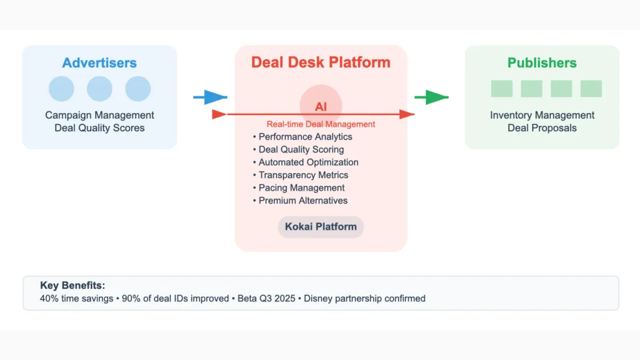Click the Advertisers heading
click(x=99, y=63)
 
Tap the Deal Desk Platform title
click(x=321, y=62)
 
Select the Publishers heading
click(x=542, y=63)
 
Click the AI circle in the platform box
click(x=321, y=106)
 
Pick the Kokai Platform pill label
click(x=321, y=227)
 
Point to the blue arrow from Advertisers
click(x=210, y=97)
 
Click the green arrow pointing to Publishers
click(x=431, y=97)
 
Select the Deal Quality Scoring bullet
click(x=301, y=149)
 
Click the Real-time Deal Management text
click(x=321, y=124)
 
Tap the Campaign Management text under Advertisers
click(x=100, y=115)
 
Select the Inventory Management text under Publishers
click(x=542, y=115)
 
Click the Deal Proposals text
click(x=542, y=128)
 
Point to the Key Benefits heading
click(x=73, y=286)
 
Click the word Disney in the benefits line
click(x=318, y=299)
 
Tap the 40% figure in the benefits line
click(x=48, y=299)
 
